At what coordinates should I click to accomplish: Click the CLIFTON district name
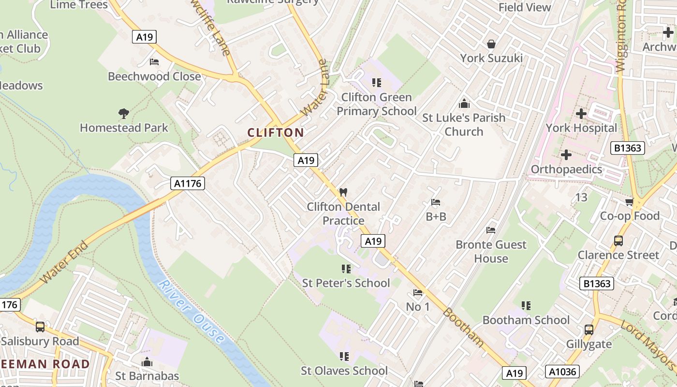click(276, 133)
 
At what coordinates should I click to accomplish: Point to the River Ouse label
click(191, 312)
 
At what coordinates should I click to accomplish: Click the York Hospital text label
click(581, 128)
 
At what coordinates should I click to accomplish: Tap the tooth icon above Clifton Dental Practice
click(344, 192)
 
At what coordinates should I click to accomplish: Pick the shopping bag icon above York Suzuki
click(491, 44)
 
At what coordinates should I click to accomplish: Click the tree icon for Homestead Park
click(124, 114)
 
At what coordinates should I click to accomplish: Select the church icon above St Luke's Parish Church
click(464, 104)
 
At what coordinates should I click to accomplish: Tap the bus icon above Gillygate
click(589, 330)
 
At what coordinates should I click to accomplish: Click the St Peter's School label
click(346, 283)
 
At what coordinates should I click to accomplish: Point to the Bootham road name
click(463, 327)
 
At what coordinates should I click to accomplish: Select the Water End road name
click(64, 263)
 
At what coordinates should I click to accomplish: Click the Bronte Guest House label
click(491, 251)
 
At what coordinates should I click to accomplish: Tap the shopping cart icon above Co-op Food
click(629, 202)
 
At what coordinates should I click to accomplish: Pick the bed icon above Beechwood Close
click(154, 62)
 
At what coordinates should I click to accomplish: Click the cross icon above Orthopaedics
click(566, 155)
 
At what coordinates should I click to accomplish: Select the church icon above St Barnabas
click(147, 362)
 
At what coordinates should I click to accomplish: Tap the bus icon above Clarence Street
click(618, 240)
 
